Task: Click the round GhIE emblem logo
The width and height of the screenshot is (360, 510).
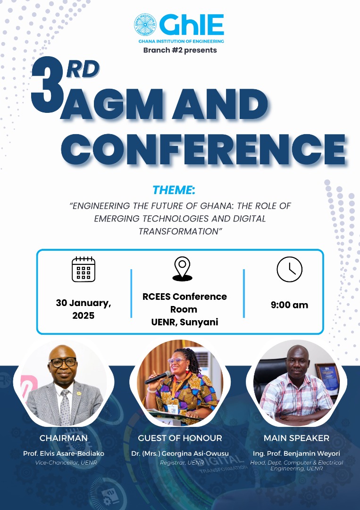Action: (145, 25)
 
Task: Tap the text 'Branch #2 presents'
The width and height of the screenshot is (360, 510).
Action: (180, 50)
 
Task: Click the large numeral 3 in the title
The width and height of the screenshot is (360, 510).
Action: (48, 85)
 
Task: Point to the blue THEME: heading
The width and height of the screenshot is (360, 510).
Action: (174, 190)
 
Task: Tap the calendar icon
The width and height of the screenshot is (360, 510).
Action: (84, 269)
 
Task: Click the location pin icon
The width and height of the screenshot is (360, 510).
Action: (182, 269)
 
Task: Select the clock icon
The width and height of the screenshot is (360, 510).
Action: (290, 269)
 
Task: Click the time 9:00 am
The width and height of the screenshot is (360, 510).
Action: (289, 305)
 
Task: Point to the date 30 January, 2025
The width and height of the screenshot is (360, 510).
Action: (84, 309)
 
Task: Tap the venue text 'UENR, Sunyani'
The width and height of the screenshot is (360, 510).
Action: (184, 322)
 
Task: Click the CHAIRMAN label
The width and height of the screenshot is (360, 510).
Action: (64, 438)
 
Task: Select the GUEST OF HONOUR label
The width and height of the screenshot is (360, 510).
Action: (180, 438)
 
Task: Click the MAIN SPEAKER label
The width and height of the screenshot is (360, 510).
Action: (296, 438)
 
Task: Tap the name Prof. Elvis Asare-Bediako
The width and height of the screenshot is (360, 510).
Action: (64, 453)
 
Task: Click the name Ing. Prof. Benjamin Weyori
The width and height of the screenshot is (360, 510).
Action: (296, 453)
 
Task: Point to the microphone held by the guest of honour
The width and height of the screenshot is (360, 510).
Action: (158, 377)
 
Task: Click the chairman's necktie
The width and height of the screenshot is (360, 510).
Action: (65, 407)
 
